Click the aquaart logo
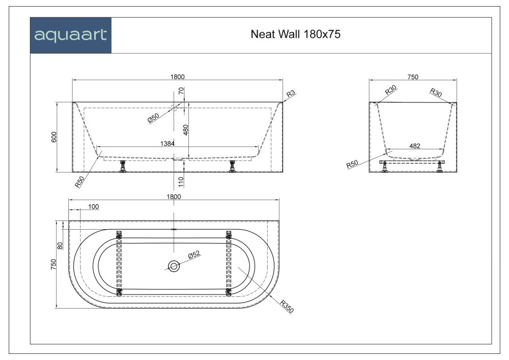tap(70, 35)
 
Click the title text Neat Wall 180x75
tap(296, 35)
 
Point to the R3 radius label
tap(291, 94)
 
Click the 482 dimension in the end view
tap(415, 146)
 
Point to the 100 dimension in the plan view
tap(93, 206)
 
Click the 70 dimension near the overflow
tap(181, 92)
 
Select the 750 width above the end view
tap(413, 77)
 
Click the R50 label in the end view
tap(351, 164)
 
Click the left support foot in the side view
tap(122, 167)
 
